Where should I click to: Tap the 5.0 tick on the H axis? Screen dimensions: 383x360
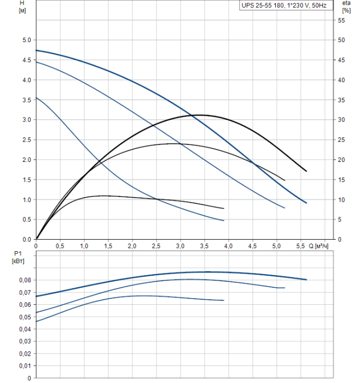click(x=26, y=40)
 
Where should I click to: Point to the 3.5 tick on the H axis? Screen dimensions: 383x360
click(x=26, y=100)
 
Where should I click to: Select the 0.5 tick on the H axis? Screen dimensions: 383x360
click(x=26, y=219)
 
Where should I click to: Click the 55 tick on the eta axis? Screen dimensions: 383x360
click(x=341, y=20)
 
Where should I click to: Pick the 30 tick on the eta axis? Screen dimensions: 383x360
click(x=341, y=120)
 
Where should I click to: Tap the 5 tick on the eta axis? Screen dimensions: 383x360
click(x=341, y=219)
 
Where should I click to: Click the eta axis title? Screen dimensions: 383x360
click(x=346, y=3)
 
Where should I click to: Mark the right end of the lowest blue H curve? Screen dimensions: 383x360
click(x=224, y=220)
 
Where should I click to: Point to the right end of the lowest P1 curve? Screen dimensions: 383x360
click(x=224, y=300)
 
